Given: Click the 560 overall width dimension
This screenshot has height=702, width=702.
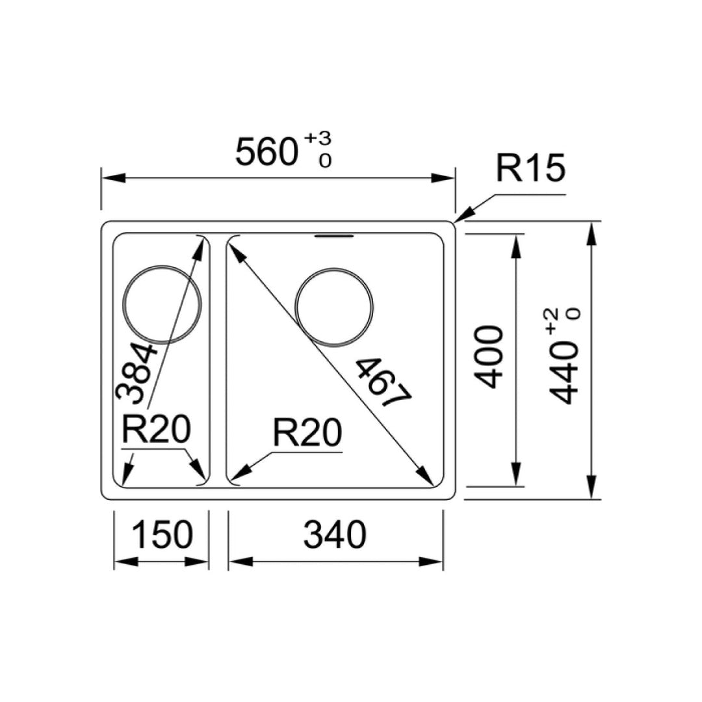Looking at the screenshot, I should pyautogui.click(x=266, y=153).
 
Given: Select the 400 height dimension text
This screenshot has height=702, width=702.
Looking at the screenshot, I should pyautogui.click(x=490, y=357).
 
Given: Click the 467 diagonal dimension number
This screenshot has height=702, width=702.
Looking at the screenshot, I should pyautogui.click(x=383, y=383).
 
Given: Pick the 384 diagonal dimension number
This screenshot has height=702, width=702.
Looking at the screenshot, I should pyautogui.click(x=136, y=373).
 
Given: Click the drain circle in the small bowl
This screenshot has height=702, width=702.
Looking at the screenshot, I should pyautogui.click(x=162, y=305).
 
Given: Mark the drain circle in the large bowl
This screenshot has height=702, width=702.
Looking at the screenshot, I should pyautogui.click(x=334, y=305).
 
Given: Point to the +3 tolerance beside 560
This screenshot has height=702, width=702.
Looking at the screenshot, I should pyautogui.click(x=318, y=138).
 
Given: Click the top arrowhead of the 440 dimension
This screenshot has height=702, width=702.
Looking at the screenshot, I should pyautogui.click(x=591, y=233).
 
